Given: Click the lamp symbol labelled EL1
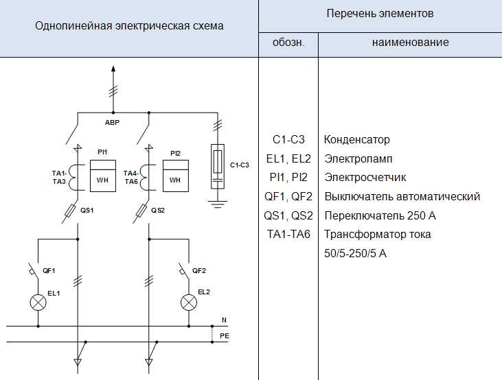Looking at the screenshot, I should click(40, 301).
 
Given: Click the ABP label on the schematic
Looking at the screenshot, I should click(112, 122).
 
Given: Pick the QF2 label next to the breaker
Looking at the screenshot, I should click(199, 270).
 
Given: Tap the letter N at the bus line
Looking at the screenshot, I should click(224, 320).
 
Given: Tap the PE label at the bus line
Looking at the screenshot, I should click(225, 335).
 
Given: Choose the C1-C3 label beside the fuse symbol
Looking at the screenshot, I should click(239, 165).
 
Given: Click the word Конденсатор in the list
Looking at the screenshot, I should click(356, 140).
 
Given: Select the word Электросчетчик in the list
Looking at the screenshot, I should click(365, 178).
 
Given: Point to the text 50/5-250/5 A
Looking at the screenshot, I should click(355, 253).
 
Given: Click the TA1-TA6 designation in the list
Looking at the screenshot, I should click(288, 235).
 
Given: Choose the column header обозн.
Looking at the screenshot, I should click(288, 43).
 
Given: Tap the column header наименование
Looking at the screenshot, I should click(410, 43).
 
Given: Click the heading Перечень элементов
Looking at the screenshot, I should click(380, 14).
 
